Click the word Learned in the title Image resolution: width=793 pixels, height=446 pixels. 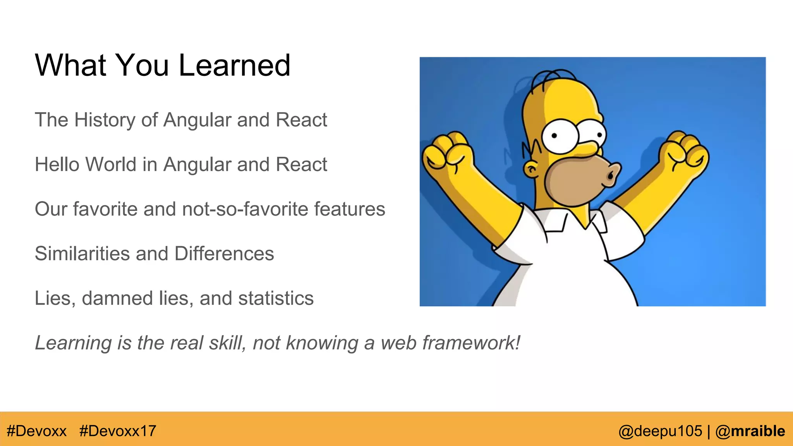point(234,65)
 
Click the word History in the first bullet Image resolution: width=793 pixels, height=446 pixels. point(105,120)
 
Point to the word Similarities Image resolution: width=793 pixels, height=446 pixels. point(82,254)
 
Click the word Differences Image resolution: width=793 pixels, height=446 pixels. point(224,254)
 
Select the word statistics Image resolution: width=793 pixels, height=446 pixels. point(276,298)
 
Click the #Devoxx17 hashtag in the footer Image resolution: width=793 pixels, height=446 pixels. point(118,431)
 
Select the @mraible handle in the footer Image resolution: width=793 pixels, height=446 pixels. point(750,431)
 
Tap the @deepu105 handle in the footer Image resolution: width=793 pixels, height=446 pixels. point(660,431)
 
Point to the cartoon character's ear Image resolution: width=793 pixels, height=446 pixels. point(531,169)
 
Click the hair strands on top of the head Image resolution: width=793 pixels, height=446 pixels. point(552,78)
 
